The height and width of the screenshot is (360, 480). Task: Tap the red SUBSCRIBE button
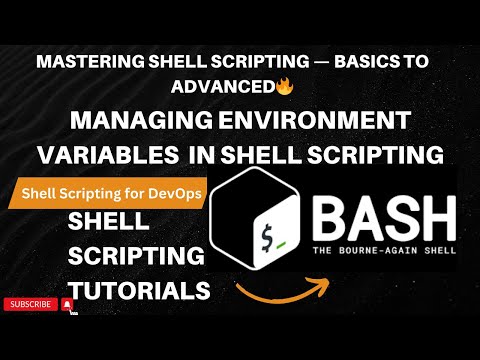[x=29, y=304]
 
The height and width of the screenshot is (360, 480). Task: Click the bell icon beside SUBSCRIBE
[x=67, y=304]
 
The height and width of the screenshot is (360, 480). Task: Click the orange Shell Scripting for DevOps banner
[x=107, y=193]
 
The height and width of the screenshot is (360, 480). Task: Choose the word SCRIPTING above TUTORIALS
[x=134, y=256]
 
